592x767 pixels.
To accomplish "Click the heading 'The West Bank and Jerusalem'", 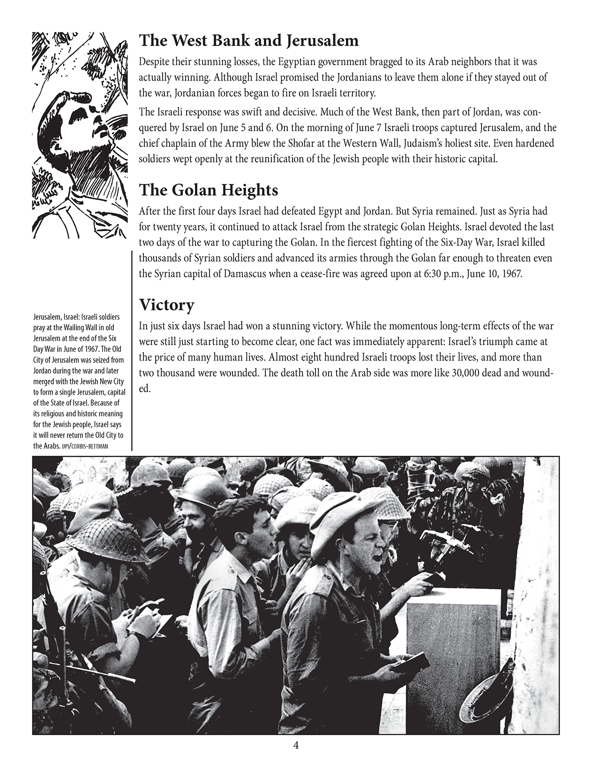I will point(249,41).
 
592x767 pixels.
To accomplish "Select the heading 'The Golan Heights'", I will point(209,191).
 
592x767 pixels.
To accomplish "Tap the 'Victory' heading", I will point(167,305).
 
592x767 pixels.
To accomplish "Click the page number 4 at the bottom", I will point(295,745).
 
